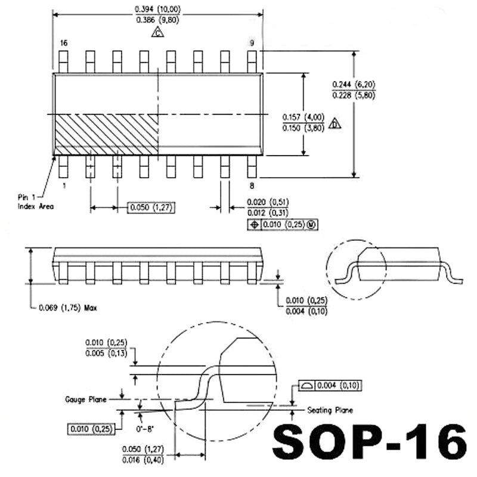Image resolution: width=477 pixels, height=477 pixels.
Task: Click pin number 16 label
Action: tap(64, 44)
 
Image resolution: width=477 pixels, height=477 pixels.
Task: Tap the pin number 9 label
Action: tap(252, 44)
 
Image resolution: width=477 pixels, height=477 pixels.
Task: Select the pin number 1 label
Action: tap(64, 185)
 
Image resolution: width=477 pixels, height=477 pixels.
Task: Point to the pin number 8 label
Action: tap(252, 185)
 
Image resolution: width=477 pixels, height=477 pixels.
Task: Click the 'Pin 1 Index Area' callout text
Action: tap(35, 202)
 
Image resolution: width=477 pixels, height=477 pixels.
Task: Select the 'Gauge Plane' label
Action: tap(86, 399)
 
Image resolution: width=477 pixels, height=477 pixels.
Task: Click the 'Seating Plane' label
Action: tap(330, 410)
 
